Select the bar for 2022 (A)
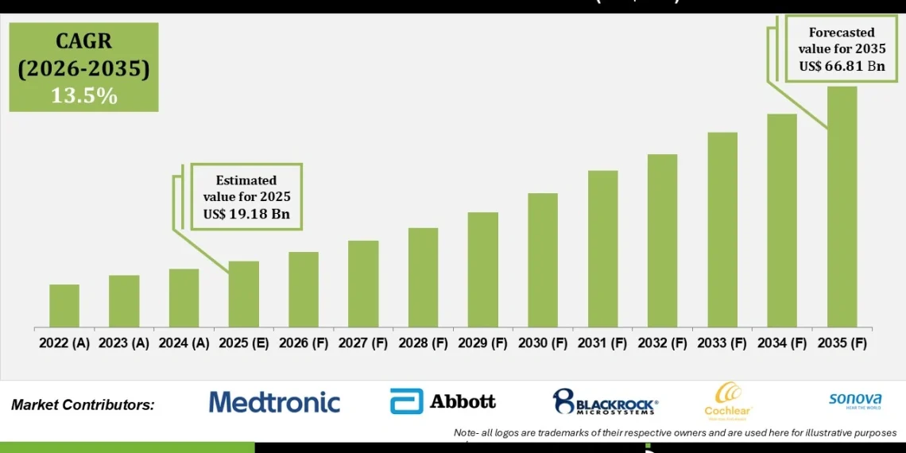click(x=64, y=306)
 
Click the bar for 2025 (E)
click(x=244, y=294)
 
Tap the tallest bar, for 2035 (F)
click(x=842, y=207)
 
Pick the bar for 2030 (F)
click(x=543, y=260)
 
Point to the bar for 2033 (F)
click(x=722, y=230)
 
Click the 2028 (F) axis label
click(x=423, y=343)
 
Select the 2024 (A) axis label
click(x=184, y=343)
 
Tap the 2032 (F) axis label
click(x=662, y=343)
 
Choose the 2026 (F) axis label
click(x=304, y=343)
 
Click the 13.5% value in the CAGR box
click(x=83, y=96)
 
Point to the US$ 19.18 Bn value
click(x=247, y=213)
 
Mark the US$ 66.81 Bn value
click(x=842, y=65)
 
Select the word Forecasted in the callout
click(x=842, y=33)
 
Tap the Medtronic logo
click(x=274, y=402)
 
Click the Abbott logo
click(x=443, y=401)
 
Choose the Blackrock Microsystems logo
click(x=606, y=402)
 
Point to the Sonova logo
click(x=854, y=400)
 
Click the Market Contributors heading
click(x=83, y=405)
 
